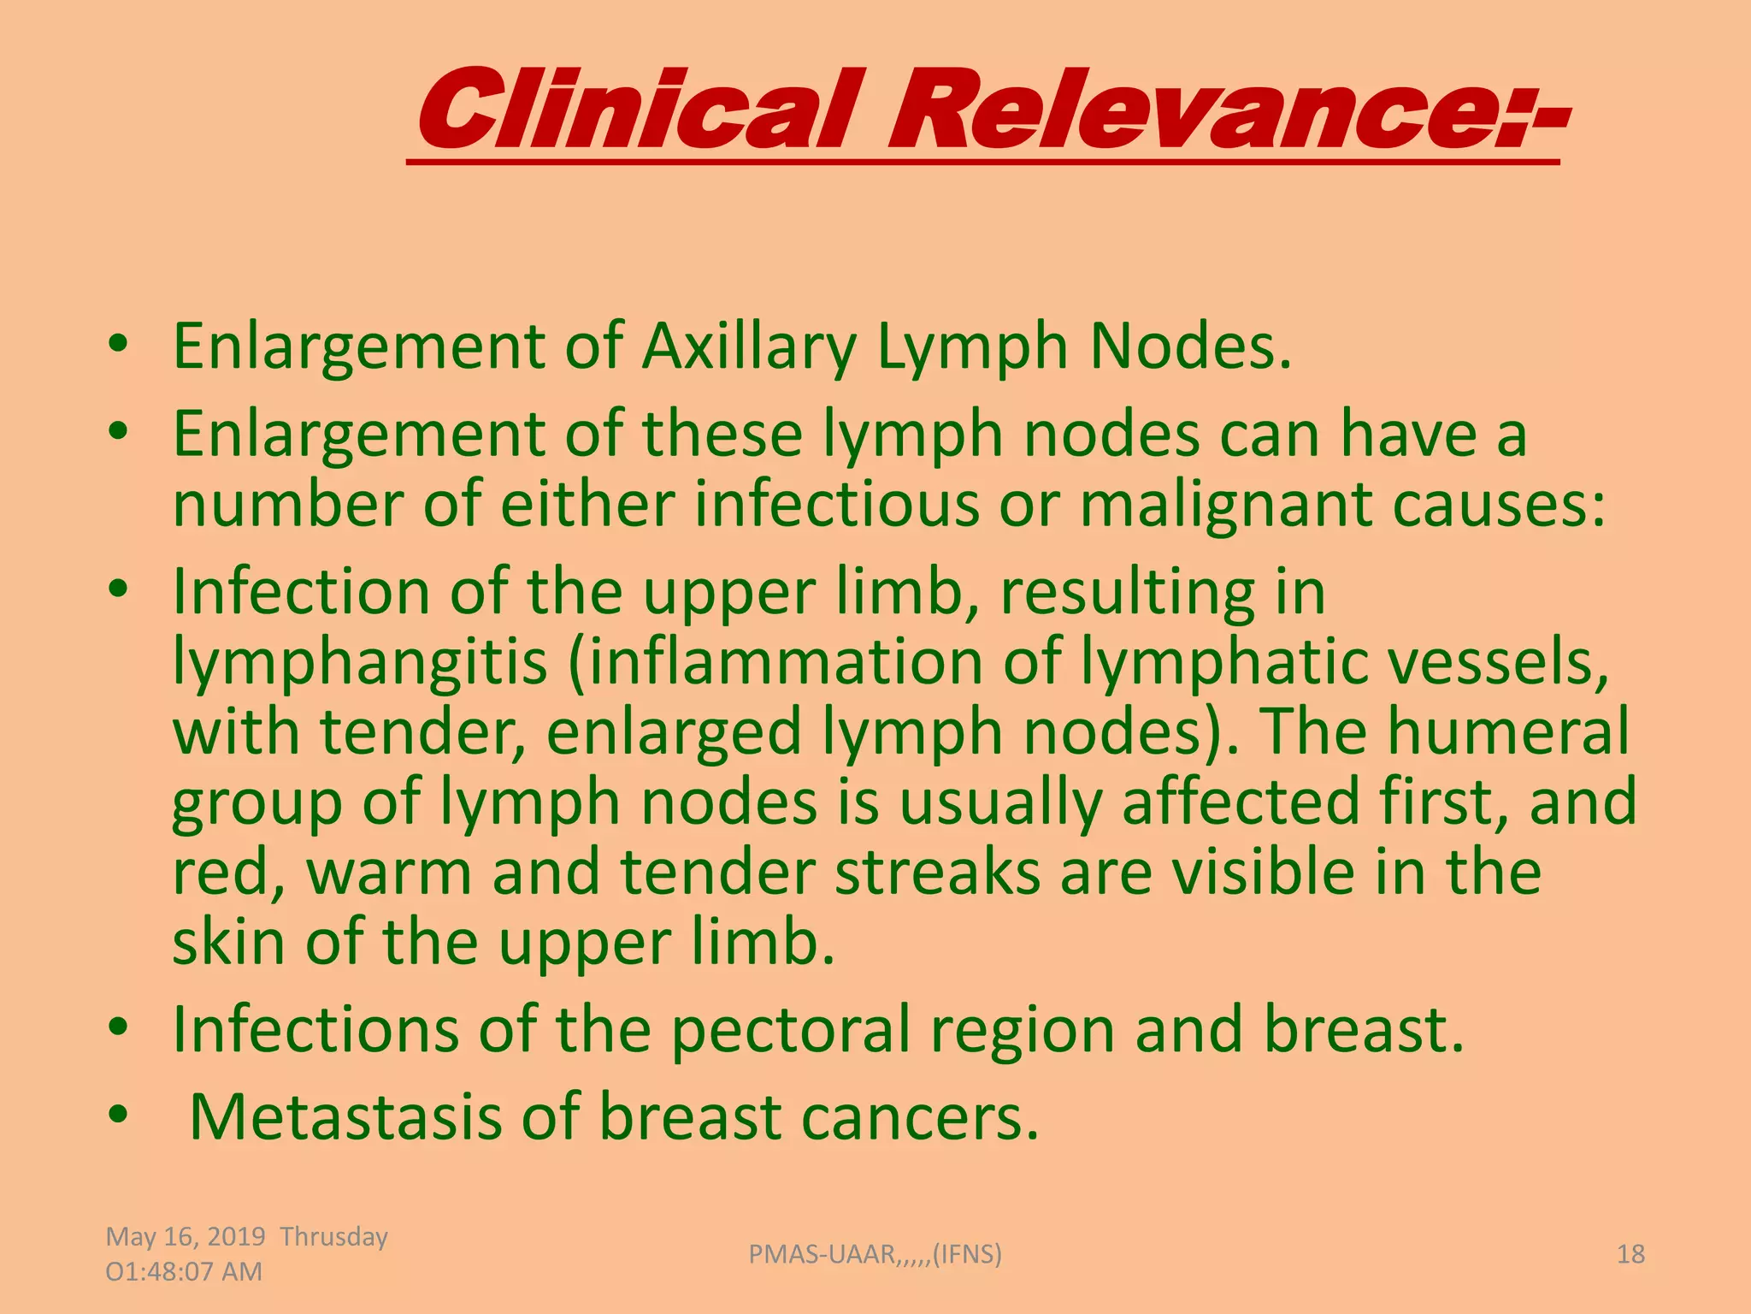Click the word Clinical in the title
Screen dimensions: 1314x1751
pyautogui.click(x=637, y=109)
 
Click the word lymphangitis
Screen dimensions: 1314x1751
pyautogui.click(x=360, y=662)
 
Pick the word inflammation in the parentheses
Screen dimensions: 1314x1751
pyautogui.click(x=787, y=662)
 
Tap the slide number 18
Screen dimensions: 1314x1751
pyautogui.click(x=1630, y=1254)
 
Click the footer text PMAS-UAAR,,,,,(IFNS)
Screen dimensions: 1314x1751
pyautogui.click(x=875, y=1254)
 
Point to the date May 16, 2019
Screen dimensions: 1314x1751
pyautogui.click(x=186, y=1237)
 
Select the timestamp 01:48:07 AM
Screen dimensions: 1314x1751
pyautogui.click(x=184, y=1272)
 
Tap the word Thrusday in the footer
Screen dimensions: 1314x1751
pyautogui.click(x=334, y=1237)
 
